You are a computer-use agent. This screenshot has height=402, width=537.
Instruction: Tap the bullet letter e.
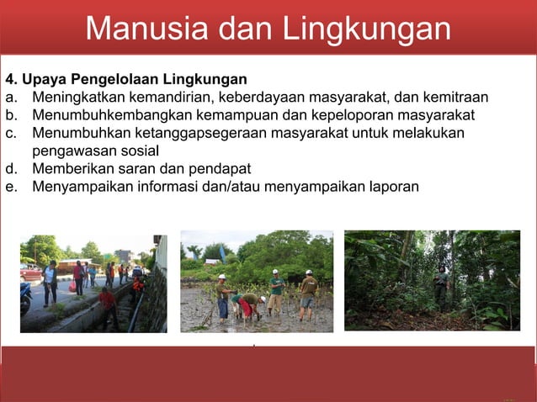click(x=10, y=186)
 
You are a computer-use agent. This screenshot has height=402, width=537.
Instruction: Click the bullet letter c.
click(x=10, y=133)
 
